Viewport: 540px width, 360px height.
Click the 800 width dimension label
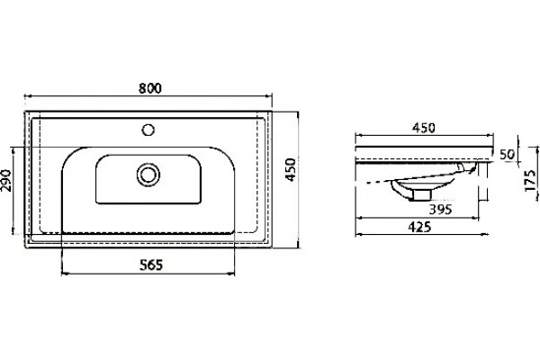click(x=149, y=88)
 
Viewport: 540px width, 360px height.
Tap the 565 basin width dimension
click(x=151, y=265)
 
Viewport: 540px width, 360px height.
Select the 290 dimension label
click(x=6, y=180)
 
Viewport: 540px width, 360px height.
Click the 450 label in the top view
click(x=291, y=169)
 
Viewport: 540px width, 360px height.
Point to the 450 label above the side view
click(x=424, y=128)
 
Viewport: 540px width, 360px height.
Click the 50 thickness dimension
click(x=507, y=154)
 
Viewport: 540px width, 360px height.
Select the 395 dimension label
click(x=440, y=209)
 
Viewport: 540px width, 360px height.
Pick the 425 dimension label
click(x=419, y=227)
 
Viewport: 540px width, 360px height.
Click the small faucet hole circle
click(x=148, y=130)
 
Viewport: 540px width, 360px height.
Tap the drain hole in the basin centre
click(x=148, y=175)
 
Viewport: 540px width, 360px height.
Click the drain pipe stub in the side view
click(x=422, y=194)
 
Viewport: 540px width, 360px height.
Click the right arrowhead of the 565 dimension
click(x=231, y=274)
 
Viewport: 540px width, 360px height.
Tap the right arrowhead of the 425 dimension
click(x=485, y=234)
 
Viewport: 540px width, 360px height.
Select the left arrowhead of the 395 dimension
click(x=359, y=218)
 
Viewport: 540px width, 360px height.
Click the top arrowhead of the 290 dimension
click(x=13, y=150)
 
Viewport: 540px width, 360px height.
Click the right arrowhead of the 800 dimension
click(x=268, y=96)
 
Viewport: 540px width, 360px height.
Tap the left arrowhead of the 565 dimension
click(x=65, y=274)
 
